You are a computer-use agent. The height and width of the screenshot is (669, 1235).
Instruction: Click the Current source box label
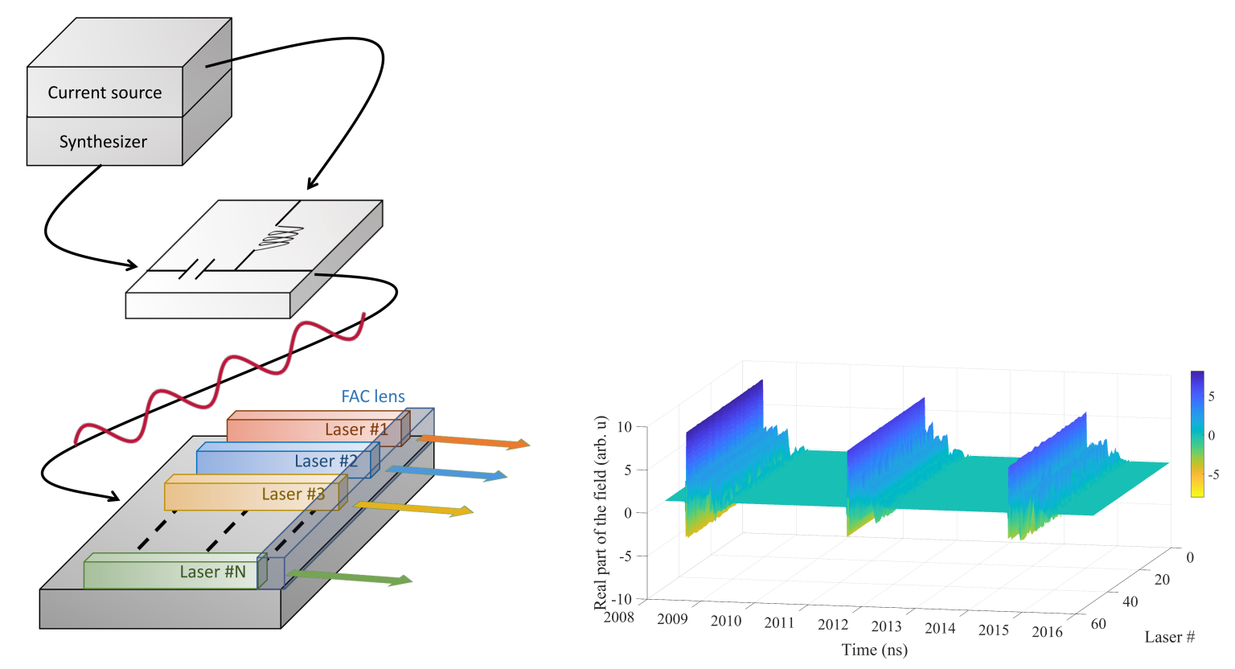[105, 92]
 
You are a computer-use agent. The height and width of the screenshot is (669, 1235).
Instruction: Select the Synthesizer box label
[103, 142]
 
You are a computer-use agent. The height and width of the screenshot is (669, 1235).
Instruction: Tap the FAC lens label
[373, 396]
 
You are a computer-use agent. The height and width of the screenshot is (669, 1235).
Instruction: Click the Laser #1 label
[356, 429]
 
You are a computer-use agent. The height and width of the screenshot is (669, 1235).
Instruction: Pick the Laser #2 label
[326, 461]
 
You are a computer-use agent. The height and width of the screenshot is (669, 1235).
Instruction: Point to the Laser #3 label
[293, 494]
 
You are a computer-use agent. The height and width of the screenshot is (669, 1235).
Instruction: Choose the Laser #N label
[212, 572]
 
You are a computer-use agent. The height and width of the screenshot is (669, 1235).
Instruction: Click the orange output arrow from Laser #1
[474, 441]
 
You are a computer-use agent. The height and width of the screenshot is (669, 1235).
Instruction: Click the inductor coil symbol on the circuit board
[281, 238]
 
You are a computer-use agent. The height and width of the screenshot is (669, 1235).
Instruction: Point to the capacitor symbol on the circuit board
[196, 269]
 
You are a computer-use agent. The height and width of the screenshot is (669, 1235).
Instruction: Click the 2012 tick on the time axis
[833, 625]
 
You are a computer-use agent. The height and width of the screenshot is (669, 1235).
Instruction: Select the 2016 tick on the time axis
[1047, 632]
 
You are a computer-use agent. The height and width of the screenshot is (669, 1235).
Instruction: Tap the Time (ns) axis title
[874, 650]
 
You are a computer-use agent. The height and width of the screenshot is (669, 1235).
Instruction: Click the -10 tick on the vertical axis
[623, 599]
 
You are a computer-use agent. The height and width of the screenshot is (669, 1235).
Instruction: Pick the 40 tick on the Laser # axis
[1130, 601]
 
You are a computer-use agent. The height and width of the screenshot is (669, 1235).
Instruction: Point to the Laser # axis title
[1169, 638]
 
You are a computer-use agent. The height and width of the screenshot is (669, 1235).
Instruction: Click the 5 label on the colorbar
[1212, 397]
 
